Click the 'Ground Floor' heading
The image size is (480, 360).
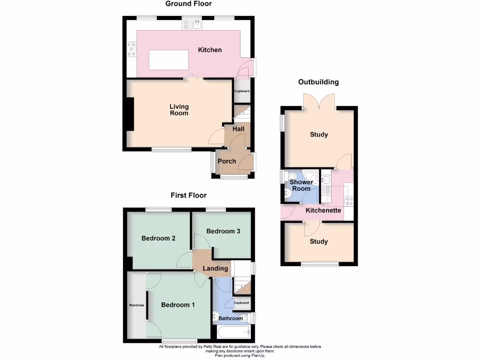(188, 4)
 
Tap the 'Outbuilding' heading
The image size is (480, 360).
(318, 82)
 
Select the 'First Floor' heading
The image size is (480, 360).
(188, 195)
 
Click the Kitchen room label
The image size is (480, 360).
(210, 50)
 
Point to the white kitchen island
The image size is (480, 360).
(169, 60)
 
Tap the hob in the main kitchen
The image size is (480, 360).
(131, 48)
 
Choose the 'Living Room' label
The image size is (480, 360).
(179, 110)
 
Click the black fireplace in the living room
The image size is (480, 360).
(129, 115)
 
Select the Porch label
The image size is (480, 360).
(227, 161)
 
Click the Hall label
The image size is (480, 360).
(238, 129)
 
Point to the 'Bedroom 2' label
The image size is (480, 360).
(158, 238)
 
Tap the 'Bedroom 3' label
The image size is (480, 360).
(223, 231)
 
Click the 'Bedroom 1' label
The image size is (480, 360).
(178, 305)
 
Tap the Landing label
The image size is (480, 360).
(215, 269)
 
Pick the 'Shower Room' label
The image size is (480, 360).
(301, 185)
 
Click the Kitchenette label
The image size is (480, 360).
(323, 210)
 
